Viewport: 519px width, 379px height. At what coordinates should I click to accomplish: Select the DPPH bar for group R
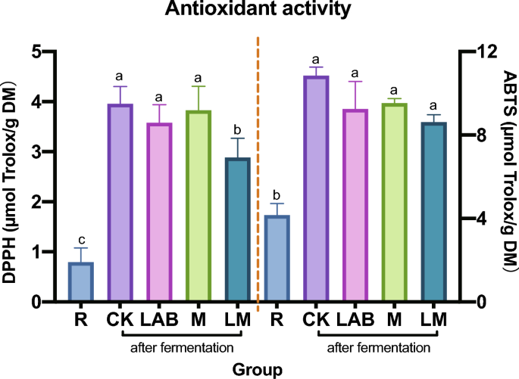(x=80, y=282)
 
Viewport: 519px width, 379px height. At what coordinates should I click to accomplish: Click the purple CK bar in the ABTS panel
(x=317, y=189)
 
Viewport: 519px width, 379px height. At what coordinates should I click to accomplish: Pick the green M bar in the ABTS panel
(x=395, y=203)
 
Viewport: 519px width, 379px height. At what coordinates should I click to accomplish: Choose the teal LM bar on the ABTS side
(x=434, y=212)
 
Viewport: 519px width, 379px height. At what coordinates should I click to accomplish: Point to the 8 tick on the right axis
(x=473, y=135)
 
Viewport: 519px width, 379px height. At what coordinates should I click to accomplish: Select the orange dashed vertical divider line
(x=258, y=174)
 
